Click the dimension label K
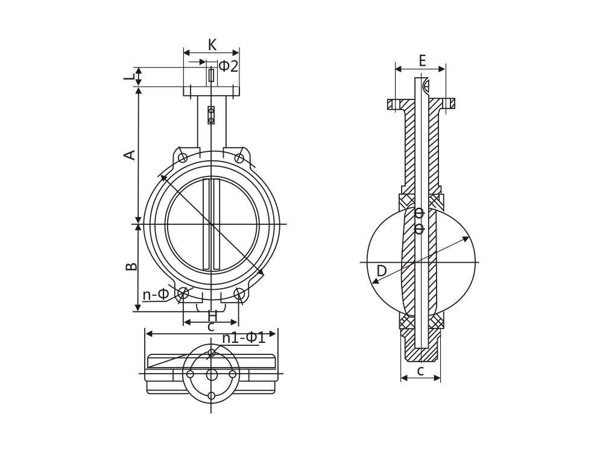(212, 45)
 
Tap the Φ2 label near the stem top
(229, 66)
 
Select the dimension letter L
(130, 77)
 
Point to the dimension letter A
(130, 154)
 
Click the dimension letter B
(131, 266)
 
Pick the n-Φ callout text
(156, 295)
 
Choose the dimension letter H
(213, 316)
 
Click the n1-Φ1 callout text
(244, 338)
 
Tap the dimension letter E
(422, 61)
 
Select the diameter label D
(381, 271)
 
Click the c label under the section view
(421, 371)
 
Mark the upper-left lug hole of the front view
(183, 157)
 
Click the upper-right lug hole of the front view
(239, 157)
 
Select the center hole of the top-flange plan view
(212, 374)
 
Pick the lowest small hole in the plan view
(212, 395)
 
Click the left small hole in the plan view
(190, 374)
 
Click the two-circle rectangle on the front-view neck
(211, 115)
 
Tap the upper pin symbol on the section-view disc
(420, 212)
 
